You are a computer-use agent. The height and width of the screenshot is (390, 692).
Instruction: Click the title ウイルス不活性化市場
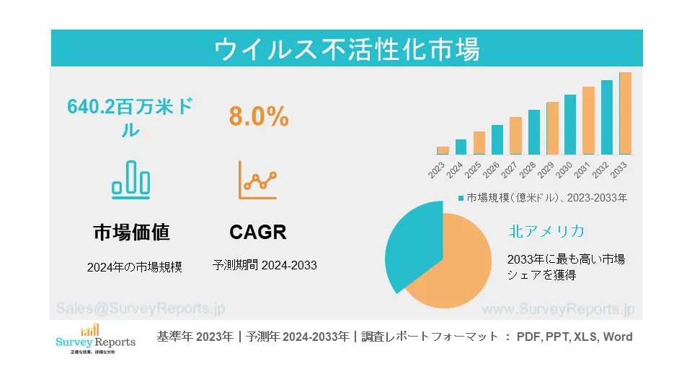point(347,49)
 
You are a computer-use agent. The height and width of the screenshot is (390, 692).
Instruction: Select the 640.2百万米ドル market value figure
point(130,118)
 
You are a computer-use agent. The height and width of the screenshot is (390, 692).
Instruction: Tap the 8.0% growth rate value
point(259,116)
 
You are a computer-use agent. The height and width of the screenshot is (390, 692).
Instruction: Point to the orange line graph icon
point(257,180)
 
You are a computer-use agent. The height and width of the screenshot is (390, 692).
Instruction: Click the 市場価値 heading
point(131,233)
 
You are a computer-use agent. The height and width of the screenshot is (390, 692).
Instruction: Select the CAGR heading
point(258,233)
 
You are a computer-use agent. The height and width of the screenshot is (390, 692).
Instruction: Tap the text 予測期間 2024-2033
point(265,265)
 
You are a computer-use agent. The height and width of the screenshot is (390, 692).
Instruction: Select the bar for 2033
point(625,113)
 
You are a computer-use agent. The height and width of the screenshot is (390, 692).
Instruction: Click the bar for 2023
point(443,150)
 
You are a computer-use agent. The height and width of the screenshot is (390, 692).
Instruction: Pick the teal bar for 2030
point(570,124)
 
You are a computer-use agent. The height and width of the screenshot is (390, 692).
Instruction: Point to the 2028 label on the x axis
point(528,170)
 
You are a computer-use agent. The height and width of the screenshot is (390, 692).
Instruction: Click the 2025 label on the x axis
point(473,170)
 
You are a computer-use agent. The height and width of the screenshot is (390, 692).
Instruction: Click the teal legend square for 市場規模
point(461,197)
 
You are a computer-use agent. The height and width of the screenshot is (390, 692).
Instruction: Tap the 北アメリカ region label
point(546,231)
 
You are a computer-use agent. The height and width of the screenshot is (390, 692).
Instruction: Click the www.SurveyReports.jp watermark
point(557,308)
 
